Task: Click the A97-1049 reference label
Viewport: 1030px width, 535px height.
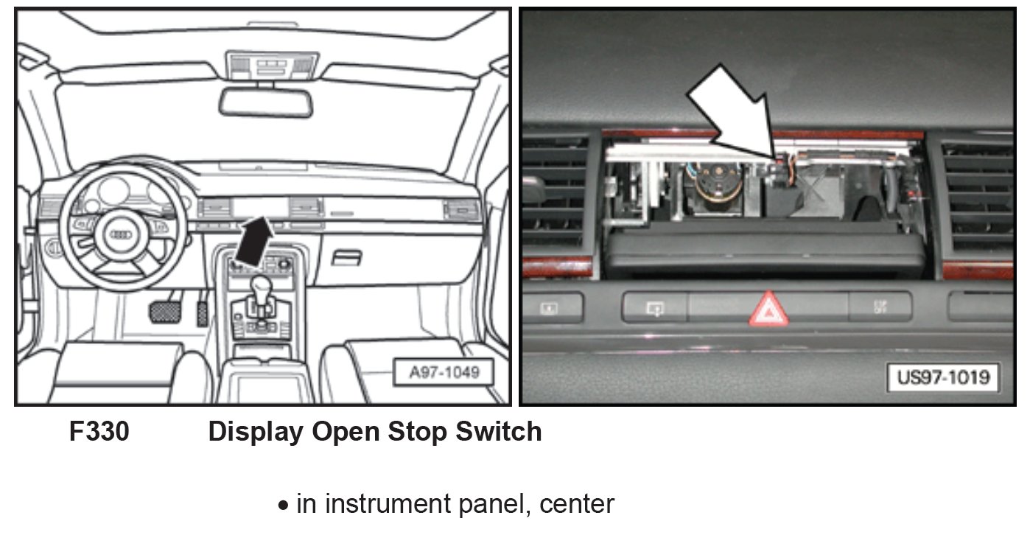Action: click(x=444, y=373)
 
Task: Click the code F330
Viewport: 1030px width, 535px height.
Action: click(x=99, y=432)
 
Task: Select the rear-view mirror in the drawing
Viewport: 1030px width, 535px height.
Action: click(x=265, y=102)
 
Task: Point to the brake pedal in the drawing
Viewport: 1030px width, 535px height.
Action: click(x=167, y=310)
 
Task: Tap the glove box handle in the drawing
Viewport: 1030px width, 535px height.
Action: click(x=346, y=258)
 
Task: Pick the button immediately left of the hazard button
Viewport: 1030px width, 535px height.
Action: click(x=654, y=307)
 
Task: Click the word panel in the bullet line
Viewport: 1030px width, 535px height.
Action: click(x=502, y=505)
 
